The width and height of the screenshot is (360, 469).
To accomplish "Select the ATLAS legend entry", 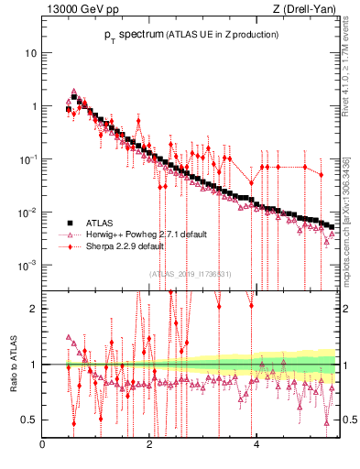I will pyautogui.click(x=101, y=222).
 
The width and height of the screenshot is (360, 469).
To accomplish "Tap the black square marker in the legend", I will pyautogui.click(x=69, y=222).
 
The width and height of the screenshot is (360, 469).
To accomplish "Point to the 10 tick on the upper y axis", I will pyautogui.click(x=31, y=52).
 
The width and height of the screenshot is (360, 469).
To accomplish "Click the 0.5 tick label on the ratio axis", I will pyautogui.click(x=31, y=420).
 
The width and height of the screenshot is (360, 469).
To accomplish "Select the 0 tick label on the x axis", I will pyautogui.click(x=42, y=444).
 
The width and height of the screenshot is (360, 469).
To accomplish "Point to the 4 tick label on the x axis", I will pyautogui.click(x=256, y=444).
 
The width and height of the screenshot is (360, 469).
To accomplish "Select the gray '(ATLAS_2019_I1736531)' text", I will pyautogui.click(x=190, y=273).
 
